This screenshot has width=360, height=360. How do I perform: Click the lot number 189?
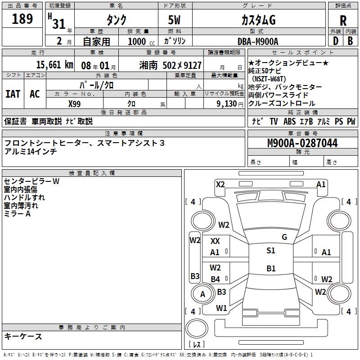22,19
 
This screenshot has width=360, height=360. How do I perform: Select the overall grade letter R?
343,21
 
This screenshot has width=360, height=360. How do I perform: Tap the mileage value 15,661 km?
54,65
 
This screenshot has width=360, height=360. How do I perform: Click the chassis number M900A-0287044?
302,143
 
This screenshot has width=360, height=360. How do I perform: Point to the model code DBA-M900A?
258,41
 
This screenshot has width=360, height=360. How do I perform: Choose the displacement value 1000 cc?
141,41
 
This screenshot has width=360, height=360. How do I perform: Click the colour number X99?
74,104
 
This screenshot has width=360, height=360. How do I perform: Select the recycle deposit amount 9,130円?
230,104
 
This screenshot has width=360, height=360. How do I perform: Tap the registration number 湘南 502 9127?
171,65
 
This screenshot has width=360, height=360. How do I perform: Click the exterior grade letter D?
336,41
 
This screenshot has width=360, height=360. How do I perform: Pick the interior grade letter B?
350,41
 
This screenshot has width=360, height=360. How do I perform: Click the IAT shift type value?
13,94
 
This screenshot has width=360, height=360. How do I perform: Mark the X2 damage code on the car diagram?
220,184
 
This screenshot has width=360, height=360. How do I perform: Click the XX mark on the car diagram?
215,241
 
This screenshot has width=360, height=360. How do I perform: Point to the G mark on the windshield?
284,237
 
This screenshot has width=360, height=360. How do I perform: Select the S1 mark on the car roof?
271,251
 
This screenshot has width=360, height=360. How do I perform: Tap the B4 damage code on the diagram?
216,279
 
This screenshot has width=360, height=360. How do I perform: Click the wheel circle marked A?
202,294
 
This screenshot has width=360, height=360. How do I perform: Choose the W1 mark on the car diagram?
221,308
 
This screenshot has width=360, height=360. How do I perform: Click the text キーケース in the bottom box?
23,336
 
